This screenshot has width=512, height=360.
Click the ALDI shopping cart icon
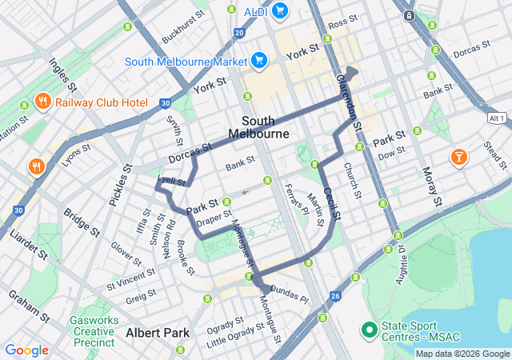pos(279,10)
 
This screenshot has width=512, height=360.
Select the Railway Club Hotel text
pos(102,102)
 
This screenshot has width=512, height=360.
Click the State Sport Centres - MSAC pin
pos(369,329)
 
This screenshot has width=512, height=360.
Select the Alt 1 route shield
pos(497,118)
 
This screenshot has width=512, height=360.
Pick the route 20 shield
pos(240,33)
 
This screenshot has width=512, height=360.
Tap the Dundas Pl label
pos(289,294)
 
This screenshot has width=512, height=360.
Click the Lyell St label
pos(172,182)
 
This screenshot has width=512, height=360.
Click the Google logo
pos(26,350)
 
